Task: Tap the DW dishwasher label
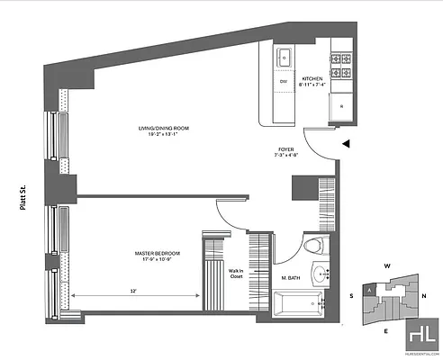283,82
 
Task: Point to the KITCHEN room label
312,78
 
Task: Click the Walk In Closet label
236,274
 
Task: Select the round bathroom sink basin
321,274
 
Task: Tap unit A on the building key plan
369,291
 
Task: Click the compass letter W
385,267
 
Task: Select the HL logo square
420,335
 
